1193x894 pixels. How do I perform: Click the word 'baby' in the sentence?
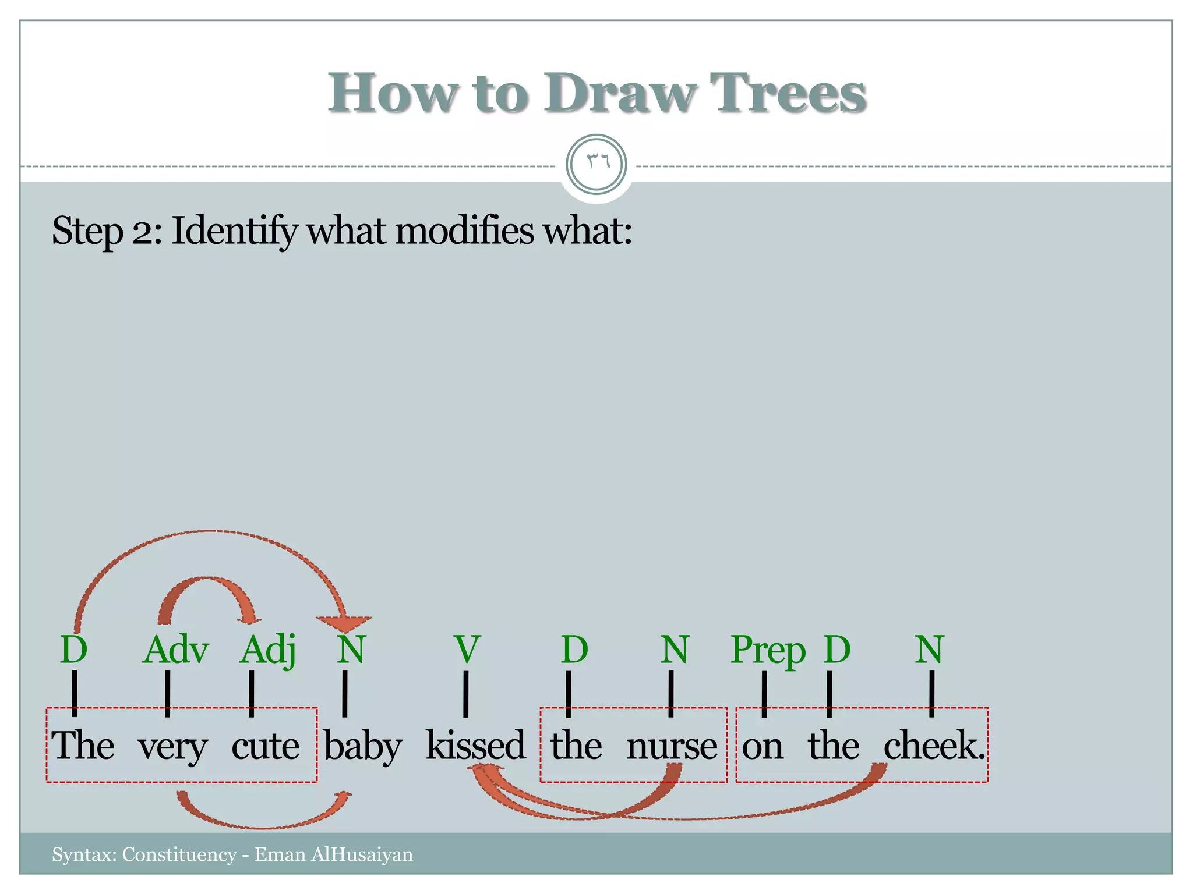[x=362, y=746]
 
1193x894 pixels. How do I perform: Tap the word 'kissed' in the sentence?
[x=475, y=745]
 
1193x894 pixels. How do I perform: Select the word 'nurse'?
[x=672, y=746]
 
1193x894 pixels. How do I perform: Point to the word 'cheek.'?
[x=934, y=745]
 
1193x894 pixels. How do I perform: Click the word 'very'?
[x=172, y=747]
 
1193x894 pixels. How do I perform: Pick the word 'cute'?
[x=266, y=746]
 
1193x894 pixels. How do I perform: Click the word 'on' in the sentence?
[x=763, y=746]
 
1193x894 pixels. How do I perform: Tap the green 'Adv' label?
[x=175, y=650]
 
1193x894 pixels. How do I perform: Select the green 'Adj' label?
[x=268, y=650]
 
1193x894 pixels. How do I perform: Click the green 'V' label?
[x=467, y=650]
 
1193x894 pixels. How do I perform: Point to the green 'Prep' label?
[x=768, y=651]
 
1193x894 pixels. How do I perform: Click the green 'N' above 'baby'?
[x=351, y=650]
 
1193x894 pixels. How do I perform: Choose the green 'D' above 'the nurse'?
[x=574, y=650]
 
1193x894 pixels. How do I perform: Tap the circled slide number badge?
[x=596, y=165]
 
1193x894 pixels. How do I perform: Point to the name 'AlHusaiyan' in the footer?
[x=362, y=854]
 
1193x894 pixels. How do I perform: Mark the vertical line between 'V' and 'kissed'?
[x=465, y=694]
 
